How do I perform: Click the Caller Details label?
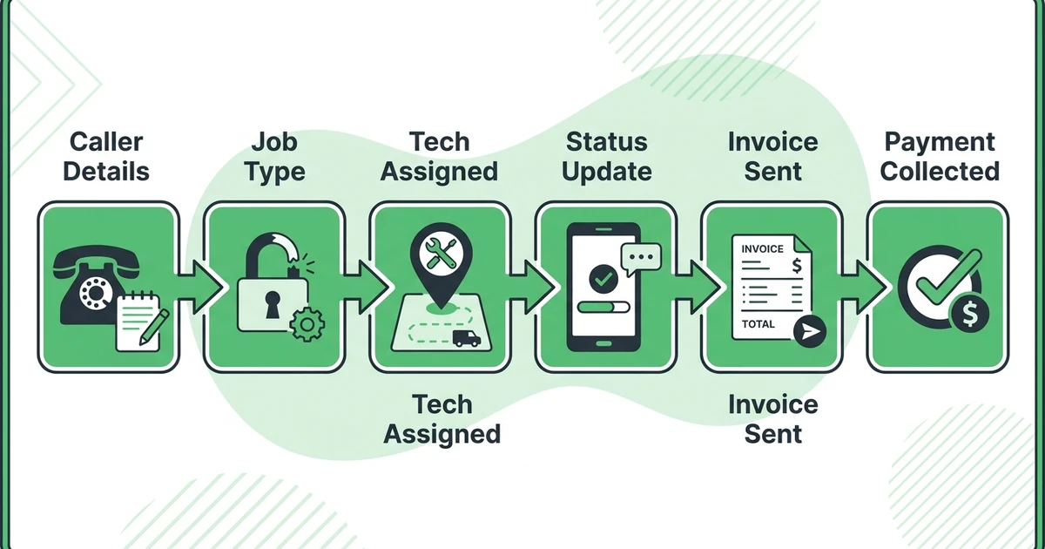pos(106,156)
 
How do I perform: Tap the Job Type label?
pos(274,156)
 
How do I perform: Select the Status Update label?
pos(606,156)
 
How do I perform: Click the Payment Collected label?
pos(940,156)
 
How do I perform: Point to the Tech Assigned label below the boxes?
pos(442,419)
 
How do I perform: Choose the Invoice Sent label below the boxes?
pos(773,419)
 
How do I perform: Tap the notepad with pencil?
pos(142,322)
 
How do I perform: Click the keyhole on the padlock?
pos(273,304)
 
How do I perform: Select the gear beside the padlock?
pos(307,324)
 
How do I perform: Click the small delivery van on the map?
pos(466,338)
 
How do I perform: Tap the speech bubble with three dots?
pos(641,259)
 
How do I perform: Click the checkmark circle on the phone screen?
pos(603,279)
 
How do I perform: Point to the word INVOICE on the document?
pos(762,249)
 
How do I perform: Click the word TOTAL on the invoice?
pos(758,324)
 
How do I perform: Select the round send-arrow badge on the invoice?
pos(810,331)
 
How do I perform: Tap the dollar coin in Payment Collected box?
pos(970,314)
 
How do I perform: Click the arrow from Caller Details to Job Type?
pos(199,287)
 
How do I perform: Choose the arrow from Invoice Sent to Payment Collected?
pos(863,287)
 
